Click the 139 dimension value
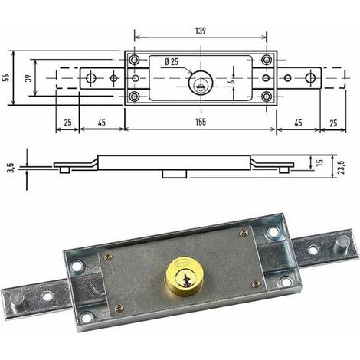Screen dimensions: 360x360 pyautogui.click(x=201, y=31)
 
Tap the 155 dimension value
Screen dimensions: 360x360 pyautogui.click(x=201, y=122)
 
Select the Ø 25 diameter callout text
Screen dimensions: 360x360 pyautogui.click(x=172, y=61)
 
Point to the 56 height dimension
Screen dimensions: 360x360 pyautogui.click(x=7, y=77)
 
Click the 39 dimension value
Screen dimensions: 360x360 pyautogui.click(x=30, y=77)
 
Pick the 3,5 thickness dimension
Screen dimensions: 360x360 pyautogui.click(x=11, y=168)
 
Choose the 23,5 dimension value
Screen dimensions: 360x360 pyautogui.click(x=342, y=167)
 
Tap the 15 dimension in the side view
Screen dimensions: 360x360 pyautogui.click(x=320, y=162)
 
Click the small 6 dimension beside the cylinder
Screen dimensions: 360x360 pyautogui.click(x=232, y=82)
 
